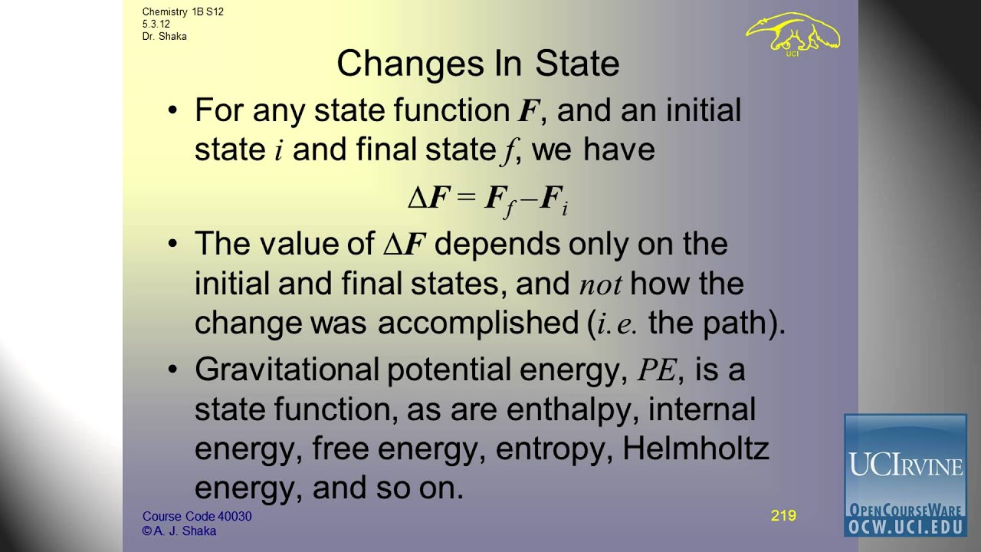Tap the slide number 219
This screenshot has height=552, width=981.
pyautogui.click(x=783, y=515)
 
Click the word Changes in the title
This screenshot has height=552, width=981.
pyautogui.click(x=411, y=64)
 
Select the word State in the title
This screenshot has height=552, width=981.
pyautogui.click(x=577, y=64)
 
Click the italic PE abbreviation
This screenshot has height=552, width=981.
pyautogui.click(x=658, y=370)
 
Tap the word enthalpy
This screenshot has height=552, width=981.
pyautogui.click(x=572, y=410)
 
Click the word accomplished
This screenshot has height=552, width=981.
pyautogui.click(x=478, y=324)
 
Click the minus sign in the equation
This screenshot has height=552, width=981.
pyautogui.click(x=530, y=199)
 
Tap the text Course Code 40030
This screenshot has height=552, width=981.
pyautogui.click(x=197, y=516)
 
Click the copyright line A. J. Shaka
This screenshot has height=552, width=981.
pyautogui.click(x=179, y=531)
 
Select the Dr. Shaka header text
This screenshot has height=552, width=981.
pyautogui.click(x=164, y=36)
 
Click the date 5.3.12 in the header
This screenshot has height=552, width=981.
pyautogui.click(x=156, y=24)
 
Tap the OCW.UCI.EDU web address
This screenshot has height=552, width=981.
pyautogui.click(x=905, y=527)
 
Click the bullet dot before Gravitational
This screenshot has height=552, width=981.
pyautogui.click(x=173, y=370)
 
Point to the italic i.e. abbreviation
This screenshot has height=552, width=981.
pyautogui.click(x=618, y=324)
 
